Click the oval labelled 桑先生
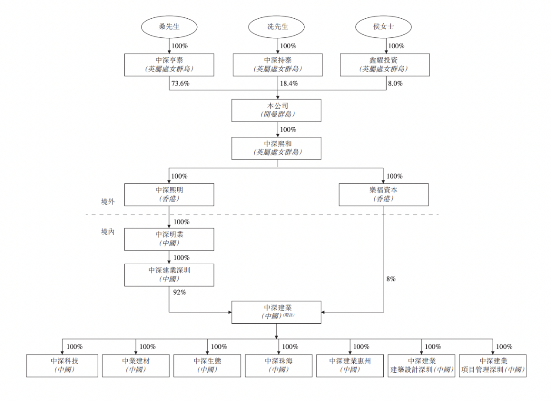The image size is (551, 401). (x=169, y=27)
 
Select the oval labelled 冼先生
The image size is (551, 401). (x=277, y=27)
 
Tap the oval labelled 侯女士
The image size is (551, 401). (x=383, y=27)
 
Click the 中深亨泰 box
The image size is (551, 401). (x=169, y=65)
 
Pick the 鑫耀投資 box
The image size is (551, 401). (x=384, y=65)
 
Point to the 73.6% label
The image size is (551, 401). (x=180, y=83)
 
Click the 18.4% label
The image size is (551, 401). (x=289, y=83)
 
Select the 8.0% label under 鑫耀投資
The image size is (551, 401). (x=395, y=83)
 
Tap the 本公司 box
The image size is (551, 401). (x=276, y=110)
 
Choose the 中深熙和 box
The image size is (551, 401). (x=276, y=148)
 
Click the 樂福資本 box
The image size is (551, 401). (x=383, y=195)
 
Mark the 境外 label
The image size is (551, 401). (x=108, y=202)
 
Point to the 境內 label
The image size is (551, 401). (x=108, y=232)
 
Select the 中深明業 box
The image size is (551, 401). (x=169, y=239)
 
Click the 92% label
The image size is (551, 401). (x=179, y=292)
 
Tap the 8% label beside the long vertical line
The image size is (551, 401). (x=391, y=279)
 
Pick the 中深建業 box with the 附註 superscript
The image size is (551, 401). (x=276, y=312)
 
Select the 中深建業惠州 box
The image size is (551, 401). (x=350, y=365)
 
